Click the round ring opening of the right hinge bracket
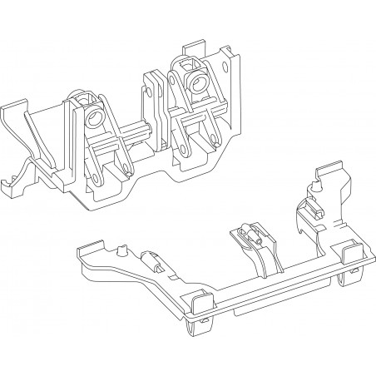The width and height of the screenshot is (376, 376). [199, 80]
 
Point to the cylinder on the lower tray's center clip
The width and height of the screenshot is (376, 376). [248, 234]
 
